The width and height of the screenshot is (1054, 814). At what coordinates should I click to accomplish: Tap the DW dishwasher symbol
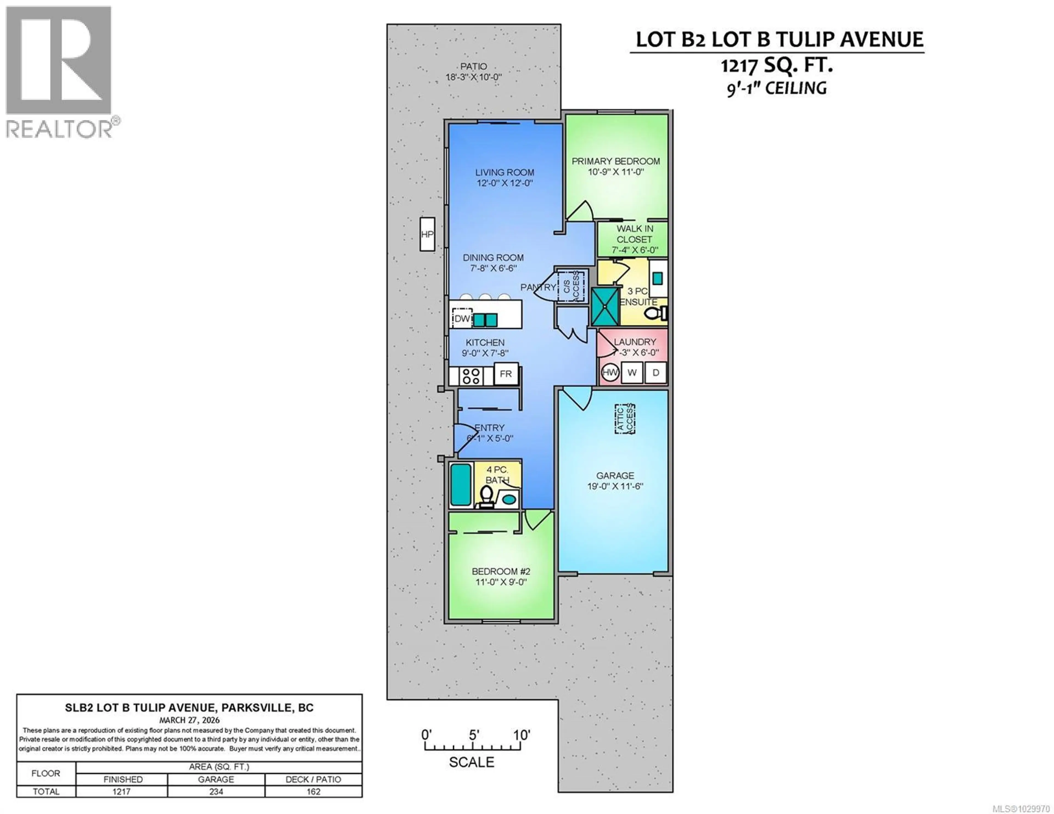point(462,319)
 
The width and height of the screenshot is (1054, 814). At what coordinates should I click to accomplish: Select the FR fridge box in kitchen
point(506,374)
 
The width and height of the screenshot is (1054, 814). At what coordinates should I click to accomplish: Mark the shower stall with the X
point(605,306)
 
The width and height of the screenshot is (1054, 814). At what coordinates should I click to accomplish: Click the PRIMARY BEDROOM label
point(616,161)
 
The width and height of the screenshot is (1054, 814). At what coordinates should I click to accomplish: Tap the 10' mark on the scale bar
point(521,735)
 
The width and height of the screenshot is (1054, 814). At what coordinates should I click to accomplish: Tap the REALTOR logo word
point(59,129)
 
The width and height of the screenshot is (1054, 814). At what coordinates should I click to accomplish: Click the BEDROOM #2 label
point(501,571)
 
